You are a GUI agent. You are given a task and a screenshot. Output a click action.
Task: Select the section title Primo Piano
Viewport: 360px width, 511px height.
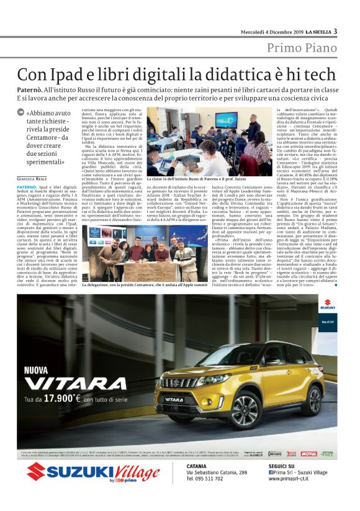(302, 48)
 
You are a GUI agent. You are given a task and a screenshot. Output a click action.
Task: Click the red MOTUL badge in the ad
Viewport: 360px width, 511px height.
(309, 454)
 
